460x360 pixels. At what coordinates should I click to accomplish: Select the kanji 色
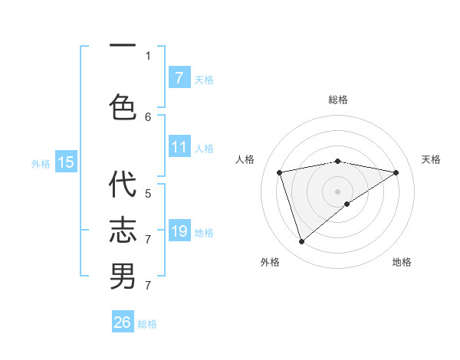point(123,106)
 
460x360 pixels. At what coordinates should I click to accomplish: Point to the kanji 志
point(123,230)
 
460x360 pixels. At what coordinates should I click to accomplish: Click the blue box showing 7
point(179,78)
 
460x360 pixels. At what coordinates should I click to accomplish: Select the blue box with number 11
point(179,148)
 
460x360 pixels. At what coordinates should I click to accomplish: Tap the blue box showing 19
point(179,231)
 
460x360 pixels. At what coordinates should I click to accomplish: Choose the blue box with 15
point(66,162)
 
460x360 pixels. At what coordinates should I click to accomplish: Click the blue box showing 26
point(123,322)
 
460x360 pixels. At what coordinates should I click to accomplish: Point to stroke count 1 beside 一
point(148,55)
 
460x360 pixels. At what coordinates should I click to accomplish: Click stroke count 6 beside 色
point(148,116)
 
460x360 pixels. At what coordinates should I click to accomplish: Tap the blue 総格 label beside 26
point(147,323)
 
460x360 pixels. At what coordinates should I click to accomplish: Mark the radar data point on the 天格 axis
point(396,172)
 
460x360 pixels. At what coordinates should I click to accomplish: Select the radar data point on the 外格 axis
point(301,242)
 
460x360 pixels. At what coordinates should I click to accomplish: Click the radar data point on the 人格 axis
point(280,172)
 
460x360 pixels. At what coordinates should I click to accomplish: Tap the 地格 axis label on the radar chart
point(402,262)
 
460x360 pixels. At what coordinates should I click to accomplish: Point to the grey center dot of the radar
point(337,191)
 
